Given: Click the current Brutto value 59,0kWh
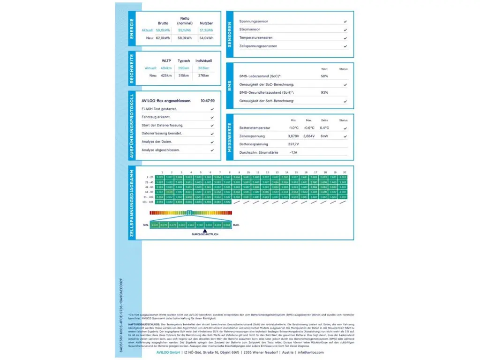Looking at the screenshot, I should click(162, 30).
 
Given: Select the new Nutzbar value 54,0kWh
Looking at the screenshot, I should click(206, 38).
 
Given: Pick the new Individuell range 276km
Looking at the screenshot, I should click(203, 75).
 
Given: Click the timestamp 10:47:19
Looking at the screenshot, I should click(207, 101).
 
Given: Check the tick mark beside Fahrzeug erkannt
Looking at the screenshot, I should click(212, 117).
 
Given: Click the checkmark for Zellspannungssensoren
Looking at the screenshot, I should click(345, 46).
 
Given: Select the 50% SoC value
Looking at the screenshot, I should click(324, 76).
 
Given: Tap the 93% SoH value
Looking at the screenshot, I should click(324, 92).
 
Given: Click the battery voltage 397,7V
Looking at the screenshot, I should click(293, 144).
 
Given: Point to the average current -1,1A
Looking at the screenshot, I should click(293, 152).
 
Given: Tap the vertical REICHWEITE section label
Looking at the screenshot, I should click(132, 69).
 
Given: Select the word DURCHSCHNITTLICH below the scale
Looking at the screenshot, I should click(205, 234).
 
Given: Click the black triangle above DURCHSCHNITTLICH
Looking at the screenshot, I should click(192, 230).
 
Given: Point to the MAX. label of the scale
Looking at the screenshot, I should click(236, 225).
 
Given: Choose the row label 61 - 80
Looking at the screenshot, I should click(150, 192).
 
